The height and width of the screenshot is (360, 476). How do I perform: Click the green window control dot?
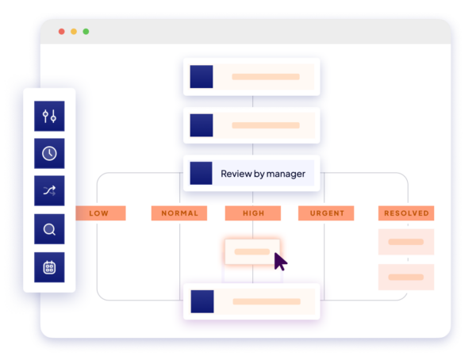(86, 32)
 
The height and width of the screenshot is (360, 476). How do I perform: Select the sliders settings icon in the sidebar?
(49, 117)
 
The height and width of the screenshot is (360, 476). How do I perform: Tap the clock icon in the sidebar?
(49, 154)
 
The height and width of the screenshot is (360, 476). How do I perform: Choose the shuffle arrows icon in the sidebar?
(49, 191)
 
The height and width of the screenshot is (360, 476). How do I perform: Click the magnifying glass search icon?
(49, 230)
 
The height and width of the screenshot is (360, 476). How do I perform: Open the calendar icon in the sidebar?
(49, 267)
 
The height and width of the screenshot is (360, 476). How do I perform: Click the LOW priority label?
(99, 213)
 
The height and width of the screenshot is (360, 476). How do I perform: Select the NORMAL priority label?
(179, 213)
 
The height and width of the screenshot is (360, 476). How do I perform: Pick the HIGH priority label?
(252, 213)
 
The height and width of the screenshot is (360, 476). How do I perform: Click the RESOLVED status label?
(406, 213)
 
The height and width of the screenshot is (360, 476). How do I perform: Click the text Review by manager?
(263, 174)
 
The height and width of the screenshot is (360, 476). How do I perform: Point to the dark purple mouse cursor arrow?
(279, 261)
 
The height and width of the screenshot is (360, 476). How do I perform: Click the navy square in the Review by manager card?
(202, 174)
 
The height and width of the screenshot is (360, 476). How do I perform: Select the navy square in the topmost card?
(202, 77)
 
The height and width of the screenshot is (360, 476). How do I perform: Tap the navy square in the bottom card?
(202, 301)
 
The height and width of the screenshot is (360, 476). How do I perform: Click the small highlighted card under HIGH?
(251, 251)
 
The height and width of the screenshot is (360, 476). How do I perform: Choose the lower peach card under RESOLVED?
(406, 278)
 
